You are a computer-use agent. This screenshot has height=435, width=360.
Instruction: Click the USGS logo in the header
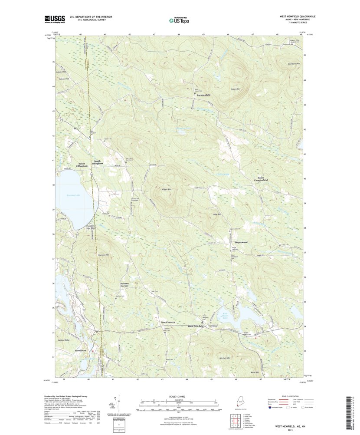pos(54,19)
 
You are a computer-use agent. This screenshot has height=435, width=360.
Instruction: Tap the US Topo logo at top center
pos(179,20)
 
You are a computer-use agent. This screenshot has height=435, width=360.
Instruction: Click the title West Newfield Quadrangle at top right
pos(297,16)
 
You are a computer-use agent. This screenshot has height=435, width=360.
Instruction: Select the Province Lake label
pos(74,195)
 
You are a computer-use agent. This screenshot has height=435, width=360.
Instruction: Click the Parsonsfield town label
pos(202,95)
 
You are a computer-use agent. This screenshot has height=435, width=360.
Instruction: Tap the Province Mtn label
pos(103,255)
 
